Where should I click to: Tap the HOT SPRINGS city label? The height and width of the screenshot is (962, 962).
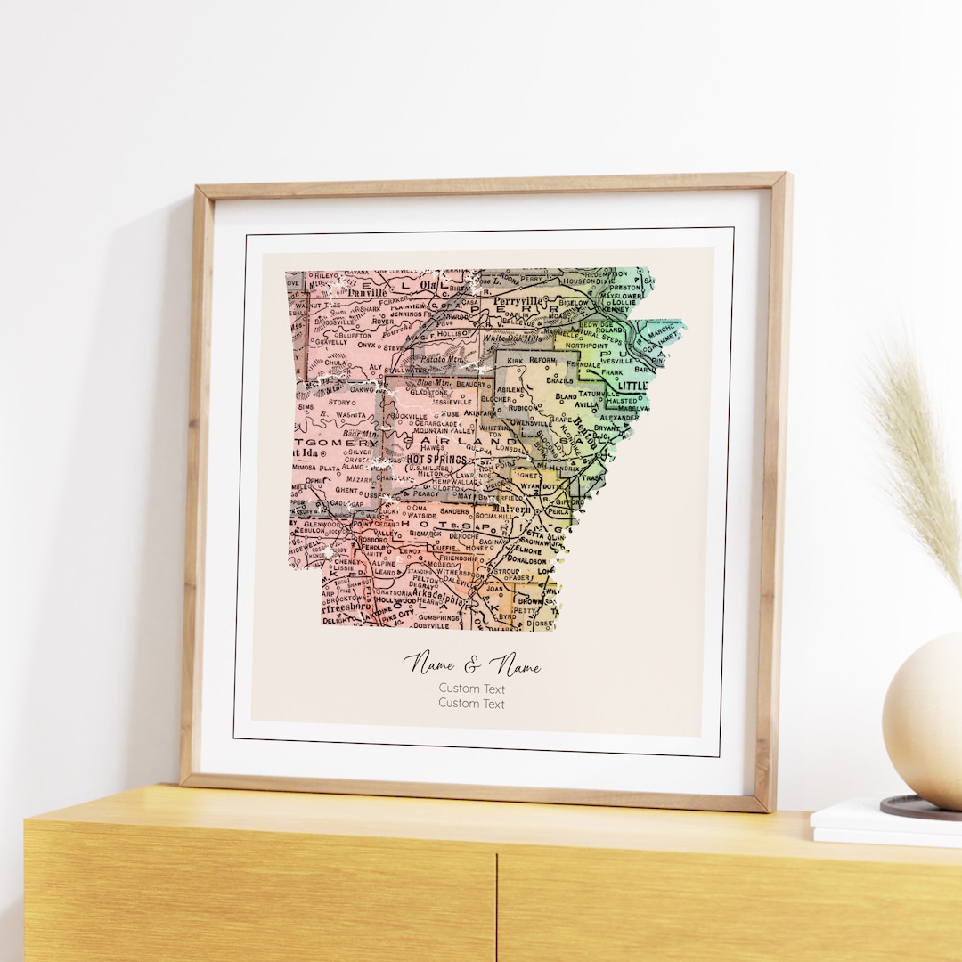click(436, 459)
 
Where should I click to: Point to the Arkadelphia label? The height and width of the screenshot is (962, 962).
click(429, 600)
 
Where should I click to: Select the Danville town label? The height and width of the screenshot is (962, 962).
click(367, 291)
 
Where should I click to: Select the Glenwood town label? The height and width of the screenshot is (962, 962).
click(323, 525)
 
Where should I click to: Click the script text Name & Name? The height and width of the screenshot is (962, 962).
click(471, 664)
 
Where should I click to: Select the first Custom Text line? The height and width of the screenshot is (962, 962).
click(471, 689)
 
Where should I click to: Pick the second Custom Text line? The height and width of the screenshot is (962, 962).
click(471, 704)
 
